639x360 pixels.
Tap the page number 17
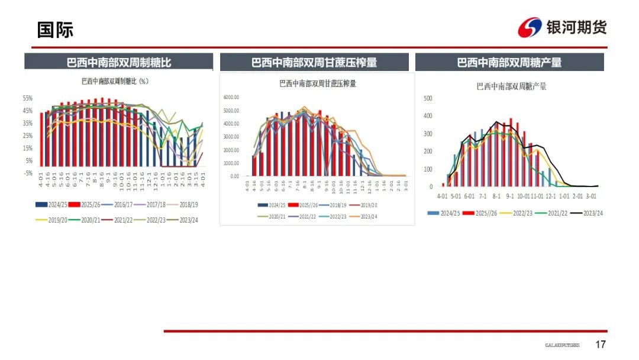601,345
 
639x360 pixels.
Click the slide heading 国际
55,30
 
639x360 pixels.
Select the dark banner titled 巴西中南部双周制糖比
118,62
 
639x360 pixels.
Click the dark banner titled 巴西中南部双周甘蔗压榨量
314,62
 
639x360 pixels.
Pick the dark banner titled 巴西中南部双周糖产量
509,62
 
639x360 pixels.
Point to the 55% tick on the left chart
28,98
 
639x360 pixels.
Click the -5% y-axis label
28,173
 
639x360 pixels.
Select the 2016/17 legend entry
118,204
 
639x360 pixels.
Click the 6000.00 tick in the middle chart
231,98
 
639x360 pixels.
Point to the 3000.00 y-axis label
231,137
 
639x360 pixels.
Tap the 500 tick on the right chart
428,98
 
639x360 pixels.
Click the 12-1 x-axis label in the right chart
550,196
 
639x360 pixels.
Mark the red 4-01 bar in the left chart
41,139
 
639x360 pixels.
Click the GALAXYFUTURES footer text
562,345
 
